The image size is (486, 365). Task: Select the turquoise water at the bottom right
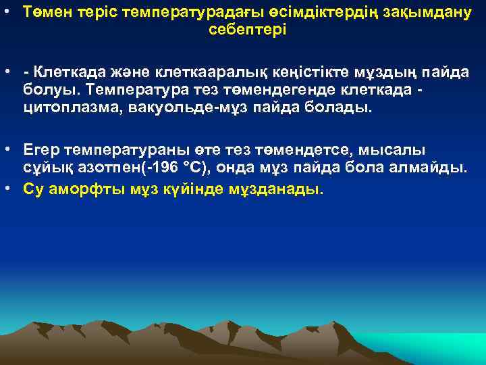(432, 348)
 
